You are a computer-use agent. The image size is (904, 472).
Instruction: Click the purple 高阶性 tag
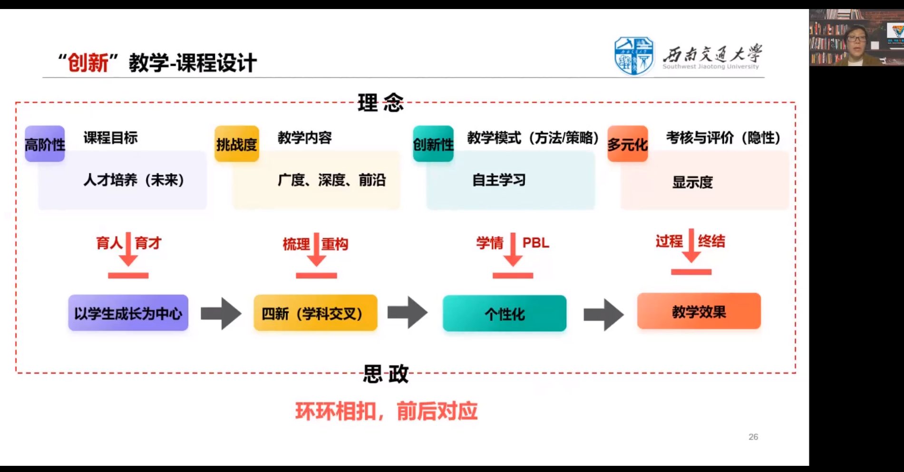[x=45, y=144]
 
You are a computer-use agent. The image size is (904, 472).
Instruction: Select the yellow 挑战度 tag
[x=237, y=144]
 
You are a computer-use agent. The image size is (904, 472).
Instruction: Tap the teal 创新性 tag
[x=433, y=144]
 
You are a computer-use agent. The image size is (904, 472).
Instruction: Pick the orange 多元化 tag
[x=628, y=144]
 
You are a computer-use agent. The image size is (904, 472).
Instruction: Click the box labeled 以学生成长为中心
[x=128, y=313]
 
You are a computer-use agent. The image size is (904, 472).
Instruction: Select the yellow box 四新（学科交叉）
[x=315, y=313]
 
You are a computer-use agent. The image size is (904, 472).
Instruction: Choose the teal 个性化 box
[x=505, y=314]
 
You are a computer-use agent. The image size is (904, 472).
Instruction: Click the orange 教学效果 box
[x=699, y=311]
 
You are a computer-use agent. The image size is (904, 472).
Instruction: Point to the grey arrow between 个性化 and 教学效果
[x=603, y=314]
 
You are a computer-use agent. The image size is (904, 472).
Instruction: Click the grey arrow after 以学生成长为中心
[x=221, y=313]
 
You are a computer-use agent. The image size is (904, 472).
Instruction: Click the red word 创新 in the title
[x=88, y=63]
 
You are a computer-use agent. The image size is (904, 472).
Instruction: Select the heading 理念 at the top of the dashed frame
[x=380, y=103]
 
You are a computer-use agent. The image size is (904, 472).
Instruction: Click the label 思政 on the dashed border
[x=386, y=374]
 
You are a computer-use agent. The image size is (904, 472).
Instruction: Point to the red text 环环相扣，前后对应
[x=386, y=411]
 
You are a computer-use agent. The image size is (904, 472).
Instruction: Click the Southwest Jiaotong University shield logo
[x=634, y=56]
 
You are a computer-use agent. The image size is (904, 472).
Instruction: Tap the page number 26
[x=753, y=437]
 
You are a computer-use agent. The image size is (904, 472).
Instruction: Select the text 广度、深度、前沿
[x=331, y=180]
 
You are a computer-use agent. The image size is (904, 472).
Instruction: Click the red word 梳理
[x=296, y=244]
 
